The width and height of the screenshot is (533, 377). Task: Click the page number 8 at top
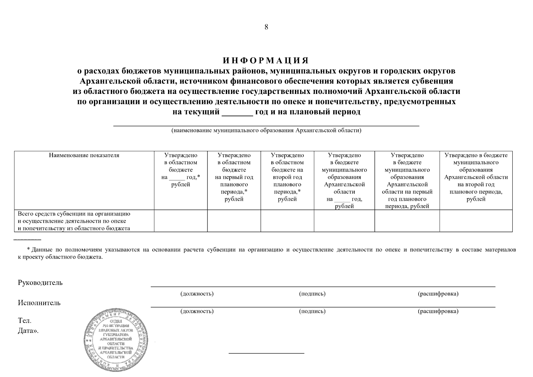click(x=266, y=27)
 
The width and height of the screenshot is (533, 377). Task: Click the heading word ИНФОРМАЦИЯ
click(x=266, y=60)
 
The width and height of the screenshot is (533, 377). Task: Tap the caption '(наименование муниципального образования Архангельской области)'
click(x=266, y=130)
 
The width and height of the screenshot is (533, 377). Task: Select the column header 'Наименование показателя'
click(x=84, y=155)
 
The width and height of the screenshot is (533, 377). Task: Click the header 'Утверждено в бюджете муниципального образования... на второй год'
click(x=476, y=177)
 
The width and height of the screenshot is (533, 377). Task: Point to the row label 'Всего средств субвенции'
click(x=74, y=221)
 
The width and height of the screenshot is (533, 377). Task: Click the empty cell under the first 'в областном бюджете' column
click(x=181, y=221)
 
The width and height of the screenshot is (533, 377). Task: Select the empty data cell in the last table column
click(x=476, y=221)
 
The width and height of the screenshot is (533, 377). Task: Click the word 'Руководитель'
click(x=40, y=283)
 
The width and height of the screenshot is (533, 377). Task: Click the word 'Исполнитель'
click(x=39, y=303)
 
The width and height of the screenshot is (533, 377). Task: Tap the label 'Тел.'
click(x=24, y=321)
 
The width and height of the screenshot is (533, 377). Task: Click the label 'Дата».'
click(x=28, y=331)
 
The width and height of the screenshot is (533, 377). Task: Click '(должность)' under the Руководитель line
click(x=197, y=294)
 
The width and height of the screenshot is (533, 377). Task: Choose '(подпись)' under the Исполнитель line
click(x=312, y=311)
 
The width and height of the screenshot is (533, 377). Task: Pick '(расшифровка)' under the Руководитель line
click(x=438, y=294)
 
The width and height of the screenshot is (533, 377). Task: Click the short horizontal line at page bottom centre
click(x=266, y=353)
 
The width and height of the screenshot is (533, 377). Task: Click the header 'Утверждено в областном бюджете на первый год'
click(x=234, y=177)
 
